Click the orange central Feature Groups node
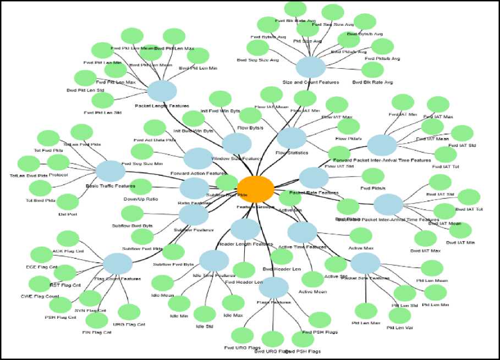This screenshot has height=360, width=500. tap(255, 189)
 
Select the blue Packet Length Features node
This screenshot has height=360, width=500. tap(162, 90)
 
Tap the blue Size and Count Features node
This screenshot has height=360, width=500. tap(311, 68)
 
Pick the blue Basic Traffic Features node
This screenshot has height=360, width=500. tap(111, 171)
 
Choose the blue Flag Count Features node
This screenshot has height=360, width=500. tap(118, 263)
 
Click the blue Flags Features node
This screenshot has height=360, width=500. tap(273, 287)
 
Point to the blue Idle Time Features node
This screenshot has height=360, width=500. tap(213, 260)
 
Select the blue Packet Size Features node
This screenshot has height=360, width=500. tap(365, 263)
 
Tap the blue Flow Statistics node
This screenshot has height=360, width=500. tap(292, 138)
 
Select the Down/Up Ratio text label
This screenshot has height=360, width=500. tap(141, 198)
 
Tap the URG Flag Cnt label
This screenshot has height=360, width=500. tap(130, 324)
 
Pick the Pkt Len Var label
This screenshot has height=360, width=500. tap(399, 328)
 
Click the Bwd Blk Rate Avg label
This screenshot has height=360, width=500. tap(372, 82)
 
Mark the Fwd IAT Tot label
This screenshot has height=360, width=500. tap(446, 165)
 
